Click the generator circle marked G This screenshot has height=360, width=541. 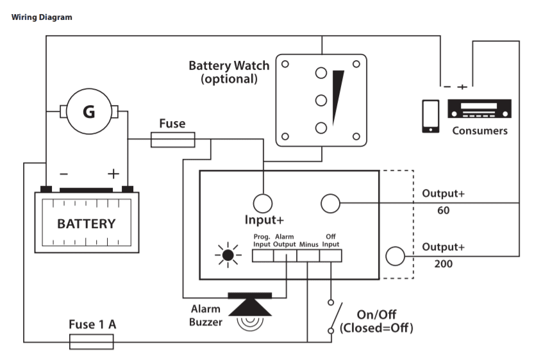(x=88, y=112)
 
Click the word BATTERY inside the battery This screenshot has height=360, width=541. (x=87, y=224)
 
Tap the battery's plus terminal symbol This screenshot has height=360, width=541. (x=113, y=173)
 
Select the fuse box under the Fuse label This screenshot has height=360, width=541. (x=172, y=139)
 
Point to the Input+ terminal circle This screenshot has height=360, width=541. (x=262, y=203)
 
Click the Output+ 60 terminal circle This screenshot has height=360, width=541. (x=329, y=203)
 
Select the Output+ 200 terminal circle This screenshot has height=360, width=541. (x=395, y=256)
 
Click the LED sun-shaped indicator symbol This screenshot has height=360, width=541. (x=228, y=256)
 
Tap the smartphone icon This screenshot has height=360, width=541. (x=430, y=116)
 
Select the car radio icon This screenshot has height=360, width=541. (x=479, y=109)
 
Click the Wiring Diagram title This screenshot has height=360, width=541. (x=42, y=17)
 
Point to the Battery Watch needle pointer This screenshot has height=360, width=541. (x=338, y=96)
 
